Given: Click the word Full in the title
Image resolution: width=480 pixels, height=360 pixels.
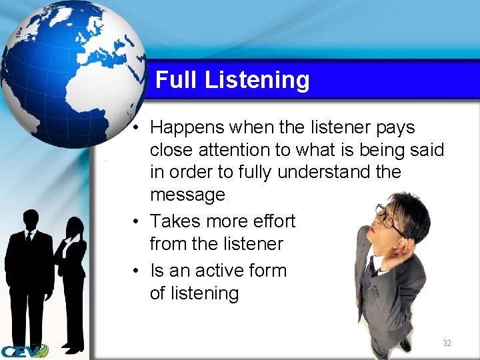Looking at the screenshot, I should (x=177, y=80).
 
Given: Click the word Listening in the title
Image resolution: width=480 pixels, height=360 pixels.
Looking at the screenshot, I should (x=257, y=81).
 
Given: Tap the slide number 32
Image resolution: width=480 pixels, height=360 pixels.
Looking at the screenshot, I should (x=447, y=343).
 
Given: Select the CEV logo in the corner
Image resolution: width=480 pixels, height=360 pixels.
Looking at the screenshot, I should (x=24, y=351).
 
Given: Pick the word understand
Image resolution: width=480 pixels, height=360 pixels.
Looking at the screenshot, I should (x=326, y=172).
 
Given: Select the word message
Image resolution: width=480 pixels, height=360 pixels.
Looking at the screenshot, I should (x=187, y=195).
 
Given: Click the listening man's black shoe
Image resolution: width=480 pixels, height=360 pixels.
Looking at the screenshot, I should (x=405, y=344).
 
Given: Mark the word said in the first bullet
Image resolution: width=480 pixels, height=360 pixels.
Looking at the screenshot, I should (x=427, y=149).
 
